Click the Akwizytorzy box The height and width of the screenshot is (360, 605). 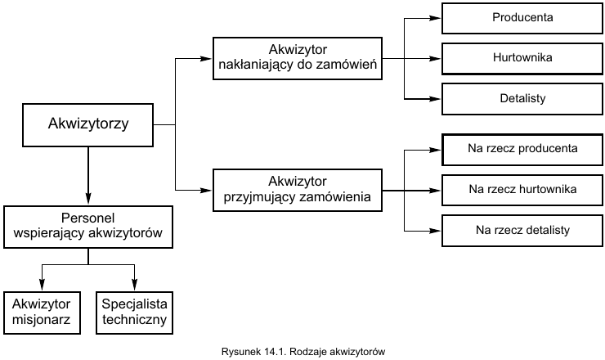click(88, 125)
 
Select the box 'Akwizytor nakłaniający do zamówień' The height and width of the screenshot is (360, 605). click(297, 57)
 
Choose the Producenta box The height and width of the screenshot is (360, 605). click(522, 17)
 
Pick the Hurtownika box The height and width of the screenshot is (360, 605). click(522, 58)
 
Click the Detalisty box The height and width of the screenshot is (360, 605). click(522, 99)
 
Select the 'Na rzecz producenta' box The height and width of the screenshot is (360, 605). click(522, 149)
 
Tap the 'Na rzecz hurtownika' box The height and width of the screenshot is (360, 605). click(522, 190)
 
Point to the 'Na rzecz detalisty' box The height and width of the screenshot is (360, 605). click(522, 230)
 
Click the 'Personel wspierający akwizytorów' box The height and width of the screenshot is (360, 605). click(88, 227)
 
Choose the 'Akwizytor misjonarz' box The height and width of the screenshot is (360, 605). click(43, 312)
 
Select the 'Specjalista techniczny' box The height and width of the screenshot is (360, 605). click(135, 312)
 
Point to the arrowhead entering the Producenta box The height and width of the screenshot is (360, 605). click(437, 17)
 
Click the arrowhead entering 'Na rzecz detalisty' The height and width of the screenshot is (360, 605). click(437, 230)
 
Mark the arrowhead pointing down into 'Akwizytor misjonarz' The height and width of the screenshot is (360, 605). click(43, 286)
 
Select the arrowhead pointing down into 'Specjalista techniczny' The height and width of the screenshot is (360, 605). click(135, 286)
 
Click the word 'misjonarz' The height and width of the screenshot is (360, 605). click(43, 320)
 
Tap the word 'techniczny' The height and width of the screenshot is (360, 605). click(135, 320)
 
